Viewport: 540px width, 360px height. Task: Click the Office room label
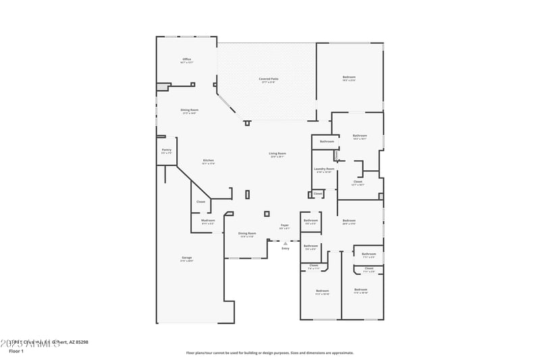click(187, 59)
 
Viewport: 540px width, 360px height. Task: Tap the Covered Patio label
click(269, 79)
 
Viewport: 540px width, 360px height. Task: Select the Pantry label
click(167, 150)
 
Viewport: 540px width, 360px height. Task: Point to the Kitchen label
click(209, 160)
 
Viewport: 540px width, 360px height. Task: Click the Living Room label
click(277, 154)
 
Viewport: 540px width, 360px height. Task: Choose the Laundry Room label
click(325, 169)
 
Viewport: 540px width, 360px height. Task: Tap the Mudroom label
click(208, 220)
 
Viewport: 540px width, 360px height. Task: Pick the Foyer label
click(285, 226)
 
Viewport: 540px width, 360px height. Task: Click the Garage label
click(187, 257)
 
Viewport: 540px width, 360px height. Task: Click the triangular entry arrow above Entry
click(286, 242)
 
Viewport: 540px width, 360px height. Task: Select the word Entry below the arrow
click(286, 249)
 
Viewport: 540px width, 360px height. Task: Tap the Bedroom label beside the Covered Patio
click(349, 78)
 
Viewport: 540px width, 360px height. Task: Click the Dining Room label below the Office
click(189, 110)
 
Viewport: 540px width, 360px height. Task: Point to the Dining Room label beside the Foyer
click(247, 234)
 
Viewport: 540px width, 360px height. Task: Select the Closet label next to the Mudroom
click(201, 202)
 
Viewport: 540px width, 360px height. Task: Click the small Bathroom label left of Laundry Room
click(327, 141)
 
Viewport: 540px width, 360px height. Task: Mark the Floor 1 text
click(17, 351)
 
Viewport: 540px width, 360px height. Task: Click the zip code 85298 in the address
click(81, 342)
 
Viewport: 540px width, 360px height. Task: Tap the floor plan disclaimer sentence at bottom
click(269, 353)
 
